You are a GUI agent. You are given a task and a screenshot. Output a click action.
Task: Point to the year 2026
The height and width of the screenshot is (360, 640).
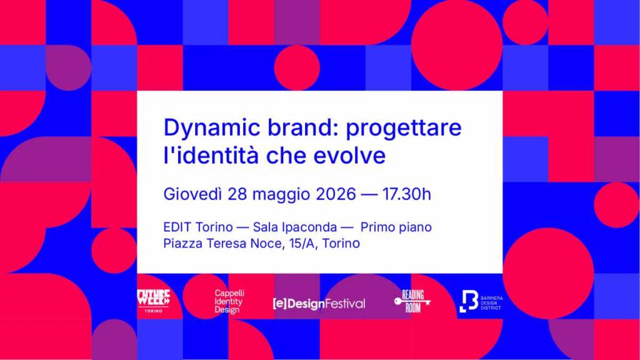click(336, 194)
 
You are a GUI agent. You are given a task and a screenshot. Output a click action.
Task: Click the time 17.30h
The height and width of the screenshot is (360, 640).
click(406, 194)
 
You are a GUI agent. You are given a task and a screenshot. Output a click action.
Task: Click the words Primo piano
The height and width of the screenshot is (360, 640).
click(396, 227)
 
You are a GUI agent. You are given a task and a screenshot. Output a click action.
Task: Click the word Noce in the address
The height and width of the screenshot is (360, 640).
click(266, 243)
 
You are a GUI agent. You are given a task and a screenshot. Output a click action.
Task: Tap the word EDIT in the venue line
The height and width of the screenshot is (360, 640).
click(177, 227)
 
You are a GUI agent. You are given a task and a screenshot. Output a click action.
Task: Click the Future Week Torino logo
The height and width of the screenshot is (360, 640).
click(153, 301)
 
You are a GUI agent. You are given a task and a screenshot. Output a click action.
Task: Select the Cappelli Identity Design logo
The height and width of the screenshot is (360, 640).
click(229, 302)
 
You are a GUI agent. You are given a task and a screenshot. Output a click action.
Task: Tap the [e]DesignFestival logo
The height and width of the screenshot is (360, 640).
click(319, 304)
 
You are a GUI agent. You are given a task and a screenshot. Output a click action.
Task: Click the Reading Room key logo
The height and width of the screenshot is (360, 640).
click(412, 301)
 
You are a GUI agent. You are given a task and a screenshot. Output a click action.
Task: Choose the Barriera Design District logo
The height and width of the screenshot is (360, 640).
click(481, 301)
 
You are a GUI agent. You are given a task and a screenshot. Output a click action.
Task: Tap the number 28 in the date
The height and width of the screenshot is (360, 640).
click(237, 194)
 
